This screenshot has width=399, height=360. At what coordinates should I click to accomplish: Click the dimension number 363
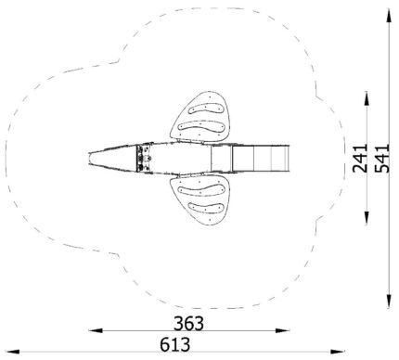click(x=188, y=324)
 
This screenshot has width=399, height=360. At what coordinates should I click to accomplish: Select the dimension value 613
click(x=175, y=344)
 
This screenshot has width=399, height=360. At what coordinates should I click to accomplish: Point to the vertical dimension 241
click(x=360, y=158)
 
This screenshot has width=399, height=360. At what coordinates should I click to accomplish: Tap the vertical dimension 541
click(x=382, y=158)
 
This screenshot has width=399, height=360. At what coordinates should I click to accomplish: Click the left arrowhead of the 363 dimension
click(x=96, y=330)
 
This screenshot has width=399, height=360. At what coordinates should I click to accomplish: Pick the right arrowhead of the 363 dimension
click(x=283, y=330)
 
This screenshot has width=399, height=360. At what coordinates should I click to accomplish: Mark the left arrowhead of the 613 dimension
click(x=13, y=352)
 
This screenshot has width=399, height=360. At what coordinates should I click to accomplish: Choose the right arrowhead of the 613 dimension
click(x=338, y=352)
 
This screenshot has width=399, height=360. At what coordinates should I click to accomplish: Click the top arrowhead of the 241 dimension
click(x=367, y=98)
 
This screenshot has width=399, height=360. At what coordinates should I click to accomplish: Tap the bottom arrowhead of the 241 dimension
click(x=367, y=218)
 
